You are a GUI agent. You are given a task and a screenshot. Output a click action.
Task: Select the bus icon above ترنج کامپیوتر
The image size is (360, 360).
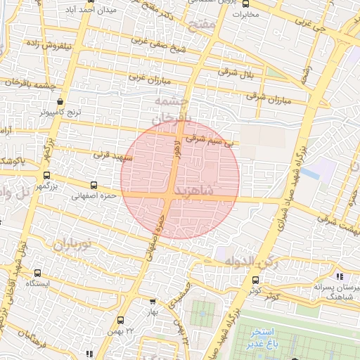(60, 101)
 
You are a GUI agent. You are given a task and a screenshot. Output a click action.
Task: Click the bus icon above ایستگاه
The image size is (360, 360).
(37, 273)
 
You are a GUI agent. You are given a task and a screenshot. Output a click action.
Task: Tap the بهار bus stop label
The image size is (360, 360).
(152, 310)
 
